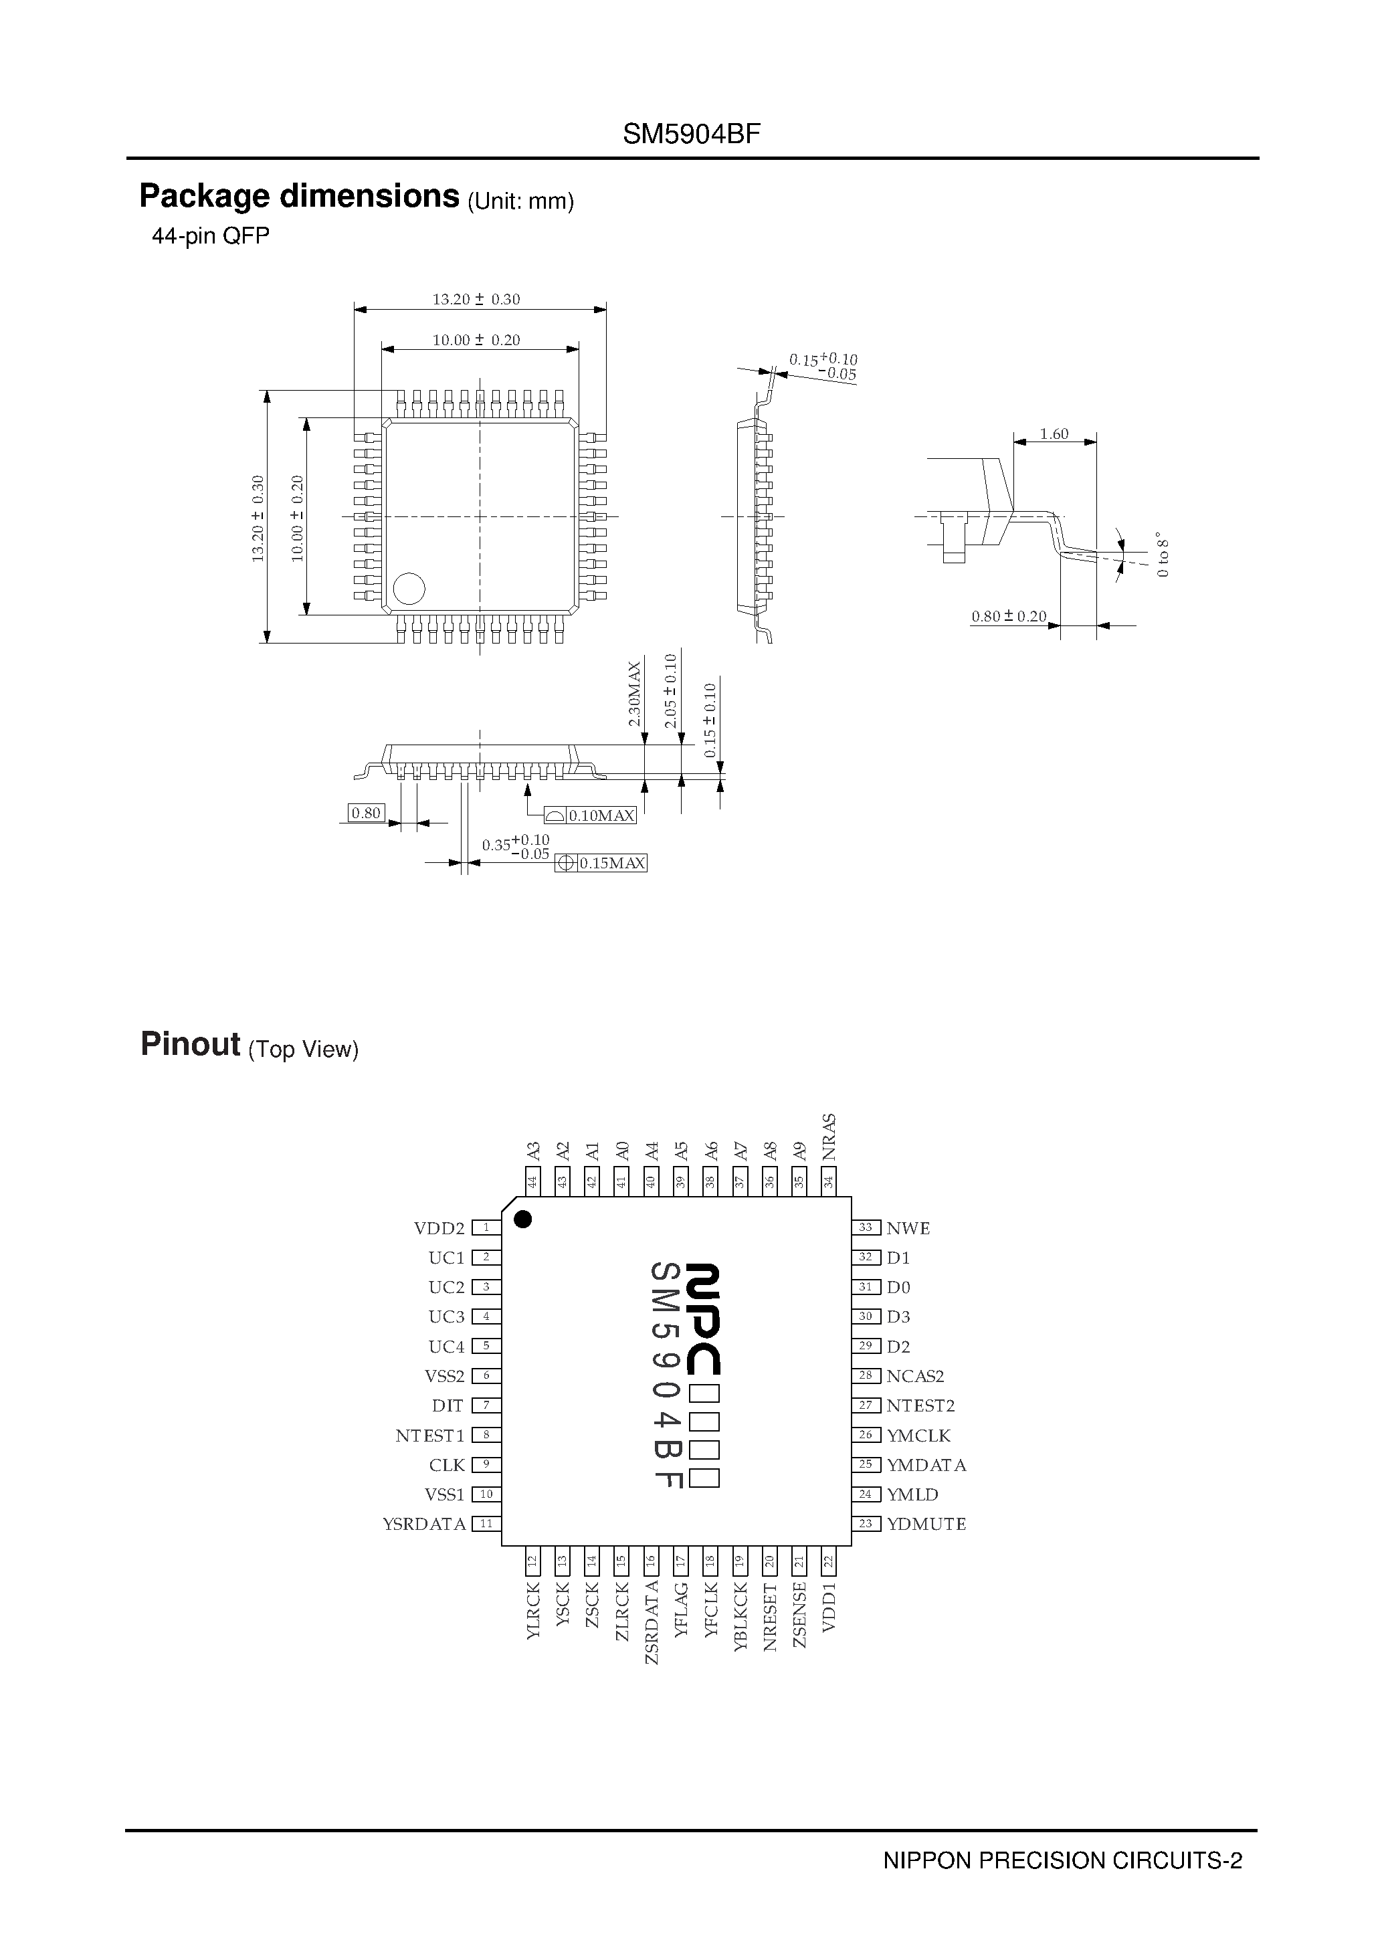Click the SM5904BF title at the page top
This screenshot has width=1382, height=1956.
click(x=690, y=134)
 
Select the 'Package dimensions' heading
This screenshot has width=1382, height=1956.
click(x=299, y=197)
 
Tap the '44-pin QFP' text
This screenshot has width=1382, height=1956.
click(x=211, y=236)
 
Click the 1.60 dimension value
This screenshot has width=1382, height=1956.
click(x=1054, y=433)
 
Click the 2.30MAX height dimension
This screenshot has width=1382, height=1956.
click(x=634, y=694)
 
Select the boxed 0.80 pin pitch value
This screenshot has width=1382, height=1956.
click(x=367, y=813)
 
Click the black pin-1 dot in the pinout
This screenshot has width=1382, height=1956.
click(x=523, y=1219)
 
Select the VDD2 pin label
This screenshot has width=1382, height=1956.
click(x=439, y=1228)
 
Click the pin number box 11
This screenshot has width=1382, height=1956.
click(x=486, y=1523)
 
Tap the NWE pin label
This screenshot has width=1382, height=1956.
click(x=908, y=1228)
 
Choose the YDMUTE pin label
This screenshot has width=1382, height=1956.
click(x=926, y=1523)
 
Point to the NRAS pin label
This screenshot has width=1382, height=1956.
click(x=828, y=1137)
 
